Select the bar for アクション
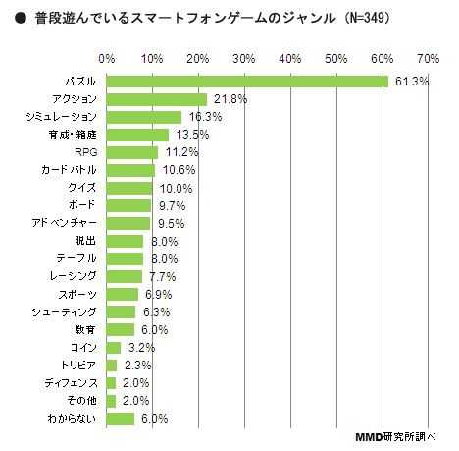[156, 99]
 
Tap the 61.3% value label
[412, 82]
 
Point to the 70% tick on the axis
[428, 58]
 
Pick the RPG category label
[85, 152]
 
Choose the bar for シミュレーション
[143, 117]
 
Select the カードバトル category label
[69, 170]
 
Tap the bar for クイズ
[128, 188]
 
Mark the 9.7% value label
[172, 205]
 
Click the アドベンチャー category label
[64, 223]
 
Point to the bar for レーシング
[124, 276]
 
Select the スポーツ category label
[77, 294]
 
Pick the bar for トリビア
[111, 365]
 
